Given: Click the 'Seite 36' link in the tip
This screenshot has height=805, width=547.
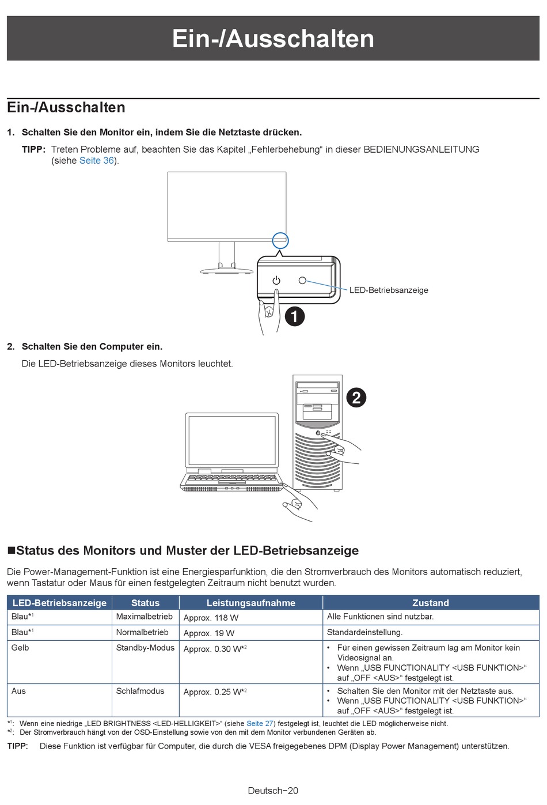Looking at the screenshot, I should pyautogui.click(x=97, y=161).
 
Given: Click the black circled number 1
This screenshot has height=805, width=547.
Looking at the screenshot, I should pyautogui.click(x=295, y=316).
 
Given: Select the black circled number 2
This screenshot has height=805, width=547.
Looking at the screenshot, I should pyautogui.click(x=356, y=398).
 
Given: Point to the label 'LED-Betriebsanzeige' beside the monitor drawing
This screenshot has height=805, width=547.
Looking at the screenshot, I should pyautogui.click(x=389, y=290).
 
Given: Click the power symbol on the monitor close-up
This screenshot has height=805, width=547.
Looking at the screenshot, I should pyautogui.click(x=276, y=281).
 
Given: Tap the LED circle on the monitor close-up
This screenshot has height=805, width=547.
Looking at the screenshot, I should pyautogui.click(x=302, y=281).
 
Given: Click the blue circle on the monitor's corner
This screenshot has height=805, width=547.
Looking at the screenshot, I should pyautogui.click(x=280, y=240).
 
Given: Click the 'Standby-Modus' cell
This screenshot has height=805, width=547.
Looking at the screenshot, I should pyautogui.click(x=145, y=648).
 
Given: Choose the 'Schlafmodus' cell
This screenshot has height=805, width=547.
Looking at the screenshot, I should pyautogui.click(x=140, y=691).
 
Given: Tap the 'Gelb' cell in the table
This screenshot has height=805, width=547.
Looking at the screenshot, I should pyautogui.click(x=20, y=648).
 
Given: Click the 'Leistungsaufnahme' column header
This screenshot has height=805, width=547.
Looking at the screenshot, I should pyautogui.click(x=250, y=603).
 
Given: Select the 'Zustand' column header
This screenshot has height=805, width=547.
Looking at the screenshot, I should pyautogui.click(x=430, y=603).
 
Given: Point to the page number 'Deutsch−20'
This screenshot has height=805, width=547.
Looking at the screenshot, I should pyautogui.click(x=273, y=791).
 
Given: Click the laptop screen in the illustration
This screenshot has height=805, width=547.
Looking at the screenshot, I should pyautogui.click(x=232, y=441).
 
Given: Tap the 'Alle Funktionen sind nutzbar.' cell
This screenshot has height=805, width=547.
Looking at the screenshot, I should pyautogui.click(x=380, y=617).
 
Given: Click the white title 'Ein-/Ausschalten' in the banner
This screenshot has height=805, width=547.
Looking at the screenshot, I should pyautogui.click(x=273, y=39).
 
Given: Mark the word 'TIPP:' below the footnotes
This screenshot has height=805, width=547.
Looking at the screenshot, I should pyautogui.click(x=17, y=746).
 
